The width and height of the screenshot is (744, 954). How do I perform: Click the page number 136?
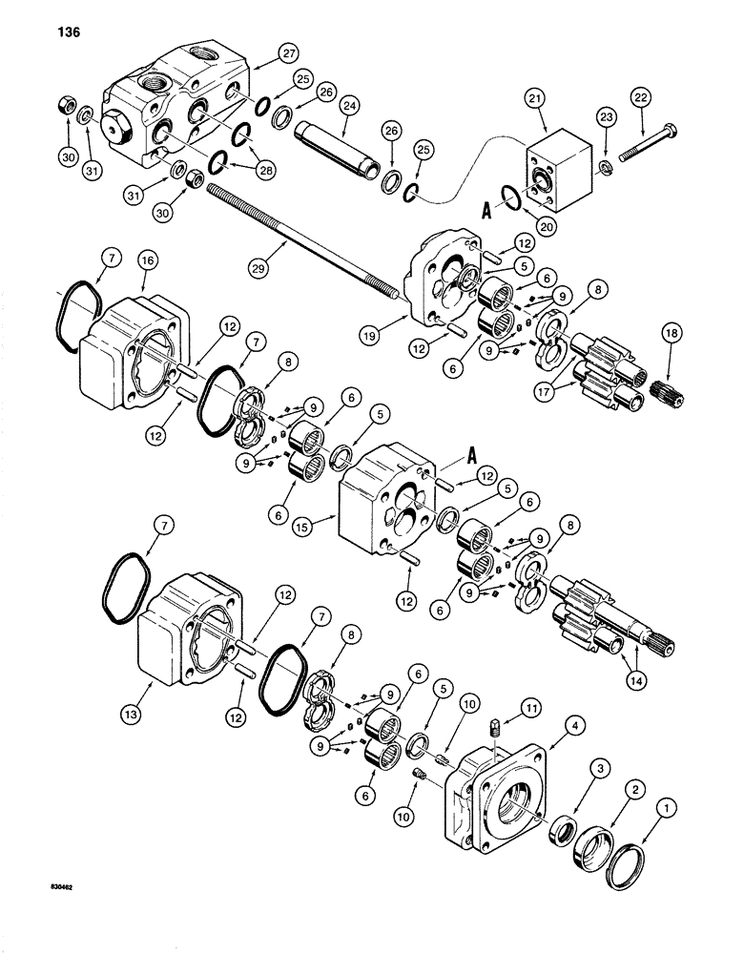(57, 31)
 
